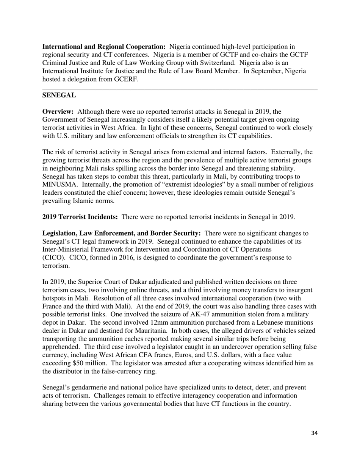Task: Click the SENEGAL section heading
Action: tap(59, 95)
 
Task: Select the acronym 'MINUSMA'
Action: tap(56, 185)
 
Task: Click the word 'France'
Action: tap(53, 306)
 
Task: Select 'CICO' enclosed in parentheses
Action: tap(53, 258)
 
